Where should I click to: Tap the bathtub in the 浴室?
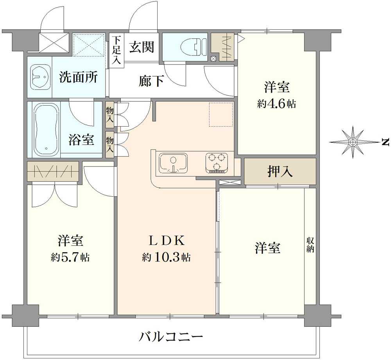pos(46,130)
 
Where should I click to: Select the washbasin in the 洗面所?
pos(40,77)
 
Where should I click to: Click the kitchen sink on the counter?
pos(173,163)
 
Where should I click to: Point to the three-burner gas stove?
pos(217,163)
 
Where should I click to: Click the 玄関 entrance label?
pos(142,47)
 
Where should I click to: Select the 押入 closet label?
pos(280,172)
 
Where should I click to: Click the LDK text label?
pos(167,241)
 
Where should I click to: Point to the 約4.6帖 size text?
pos(276,104)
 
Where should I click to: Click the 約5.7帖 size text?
pos(70,257)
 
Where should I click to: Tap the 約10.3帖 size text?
pos(167,257)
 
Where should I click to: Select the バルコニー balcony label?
pos(171,338)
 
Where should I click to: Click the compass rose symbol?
pos(353,142)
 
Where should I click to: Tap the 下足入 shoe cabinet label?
pos(116,50)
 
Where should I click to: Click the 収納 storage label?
pos(310,245)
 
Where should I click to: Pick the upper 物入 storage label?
pos(110,115)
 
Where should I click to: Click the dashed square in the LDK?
pos(221,114)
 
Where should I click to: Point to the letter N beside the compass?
pos(386,142)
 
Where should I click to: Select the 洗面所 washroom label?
pos(78,77)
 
